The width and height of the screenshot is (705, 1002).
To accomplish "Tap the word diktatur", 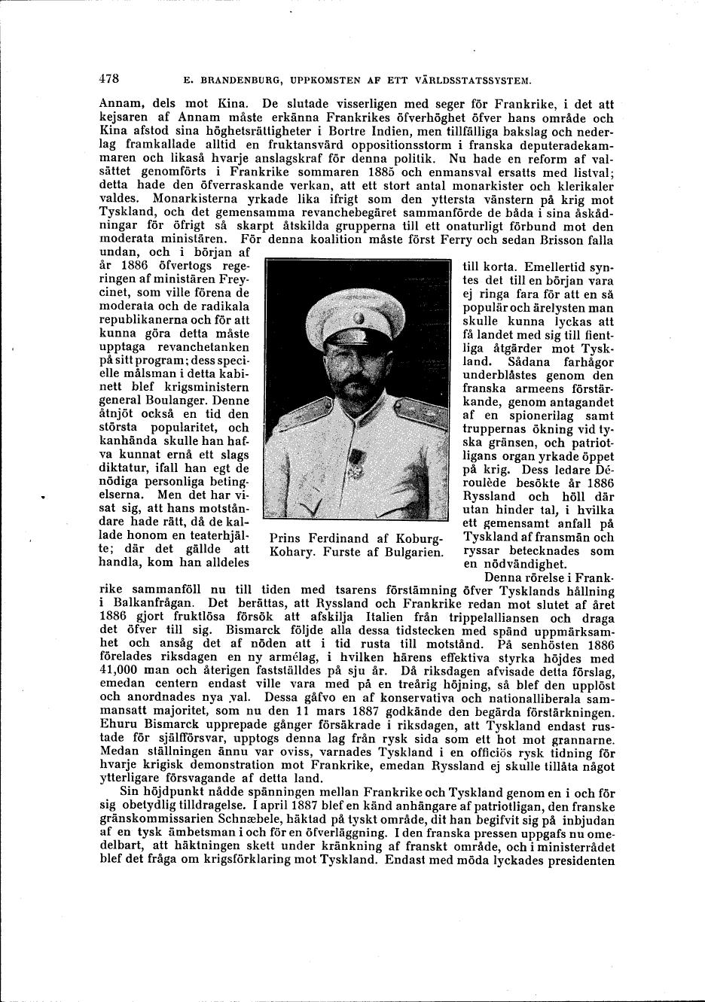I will [x=124, y=468].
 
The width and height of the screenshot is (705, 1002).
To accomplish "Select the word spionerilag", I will [x=539, y=416].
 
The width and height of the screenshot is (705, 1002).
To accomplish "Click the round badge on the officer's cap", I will [x=359, y=321].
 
